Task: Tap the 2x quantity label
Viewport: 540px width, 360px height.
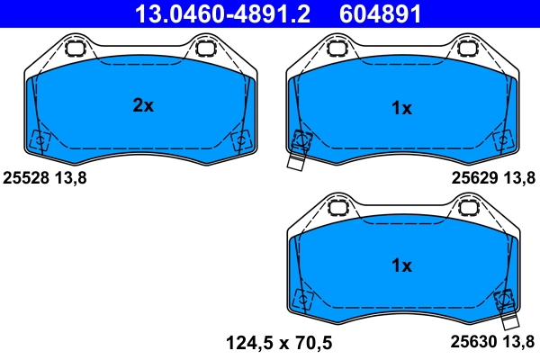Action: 143,106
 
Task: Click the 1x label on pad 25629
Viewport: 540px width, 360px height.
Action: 401,108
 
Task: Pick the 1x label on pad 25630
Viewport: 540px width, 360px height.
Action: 401,265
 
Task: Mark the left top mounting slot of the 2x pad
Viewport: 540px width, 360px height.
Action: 76,48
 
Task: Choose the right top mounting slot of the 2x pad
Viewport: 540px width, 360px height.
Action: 206,48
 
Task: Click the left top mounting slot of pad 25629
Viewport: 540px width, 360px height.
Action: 337,48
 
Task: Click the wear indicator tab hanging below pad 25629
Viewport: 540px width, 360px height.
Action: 294,161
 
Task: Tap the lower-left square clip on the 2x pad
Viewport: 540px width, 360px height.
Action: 40,140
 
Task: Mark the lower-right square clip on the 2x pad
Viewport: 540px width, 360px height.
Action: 241,139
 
